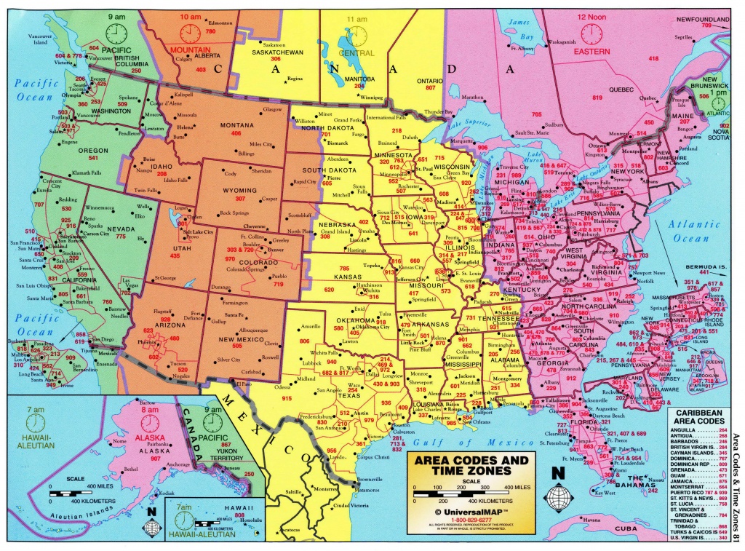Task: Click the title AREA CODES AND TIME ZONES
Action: [471, 466]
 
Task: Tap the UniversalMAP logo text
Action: [479, 512]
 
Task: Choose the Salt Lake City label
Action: [197, 231]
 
